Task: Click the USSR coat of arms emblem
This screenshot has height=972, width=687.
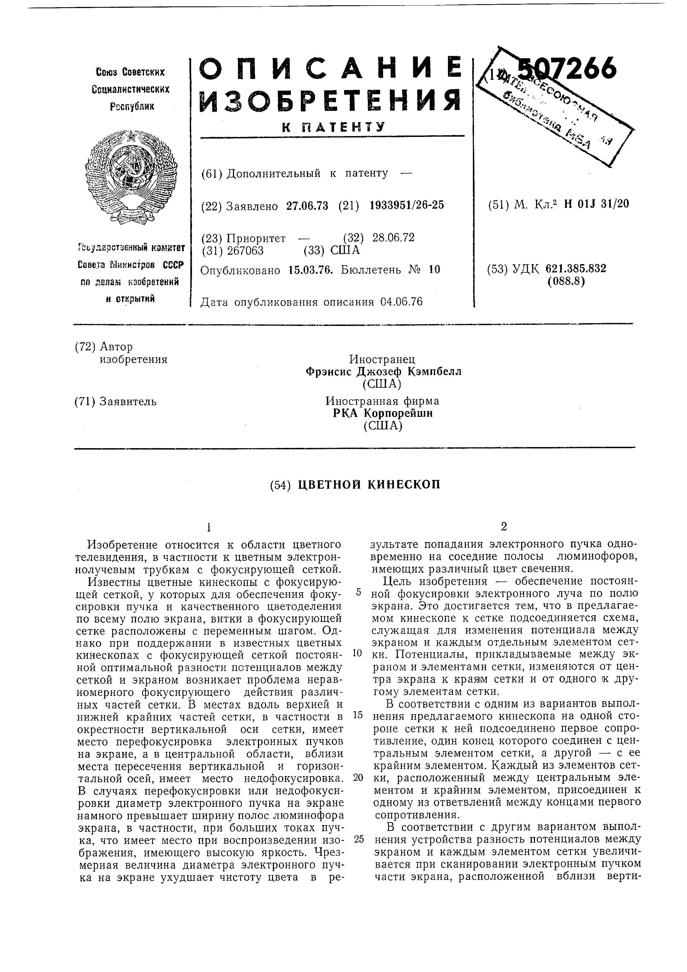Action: coord(131,177)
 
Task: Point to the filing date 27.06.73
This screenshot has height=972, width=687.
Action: coord(307,206)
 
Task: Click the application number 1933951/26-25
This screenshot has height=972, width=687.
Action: coord(407,205)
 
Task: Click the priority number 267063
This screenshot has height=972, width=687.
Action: coord(245,251)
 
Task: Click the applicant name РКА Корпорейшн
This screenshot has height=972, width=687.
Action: coord(383,413)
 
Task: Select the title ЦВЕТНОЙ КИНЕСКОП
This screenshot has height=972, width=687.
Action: coord(369,484)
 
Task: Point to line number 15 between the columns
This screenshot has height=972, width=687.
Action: coord(358,715)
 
